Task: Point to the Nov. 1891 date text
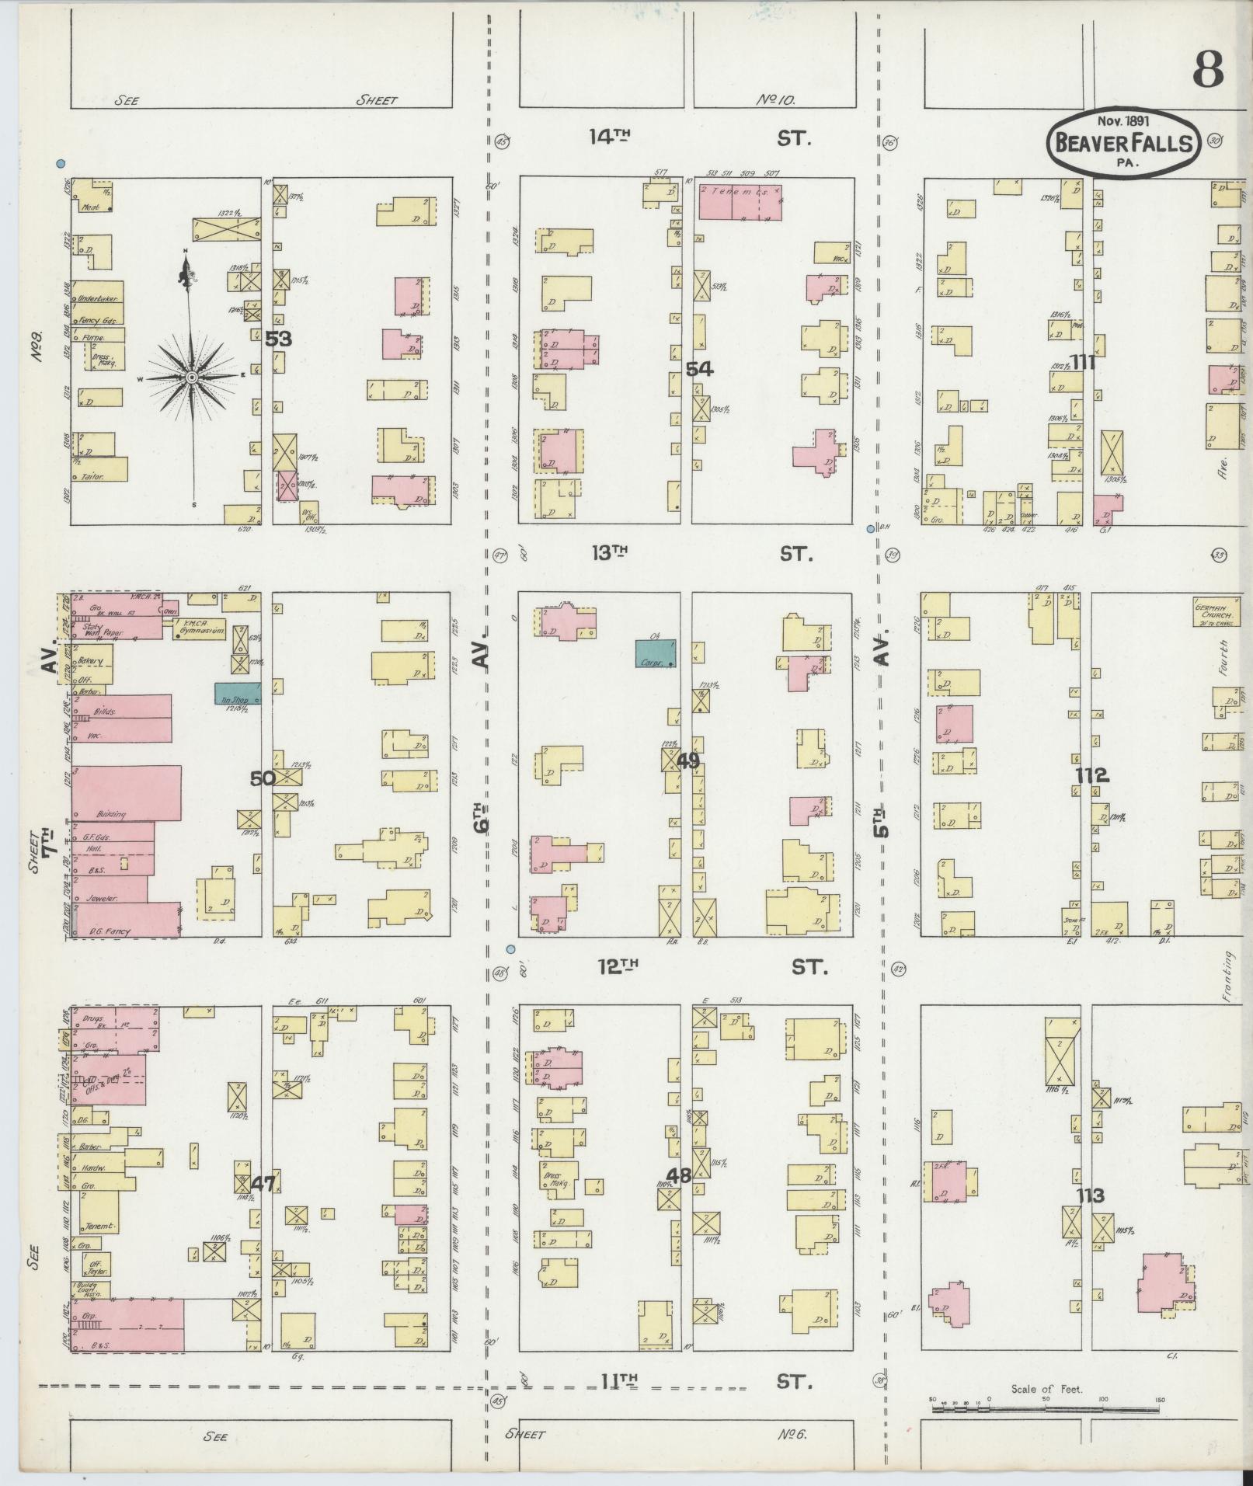pos(1123,120)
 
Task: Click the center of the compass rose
pos(190,377)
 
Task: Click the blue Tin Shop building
pos(237,694)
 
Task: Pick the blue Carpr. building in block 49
pos(655,653)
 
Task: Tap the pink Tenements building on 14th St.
pos(740,202)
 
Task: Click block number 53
pos(277,339)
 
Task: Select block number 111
pos(1083,362)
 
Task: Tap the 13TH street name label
pos(609,553)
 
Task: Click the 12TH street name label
pos(618,966)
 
